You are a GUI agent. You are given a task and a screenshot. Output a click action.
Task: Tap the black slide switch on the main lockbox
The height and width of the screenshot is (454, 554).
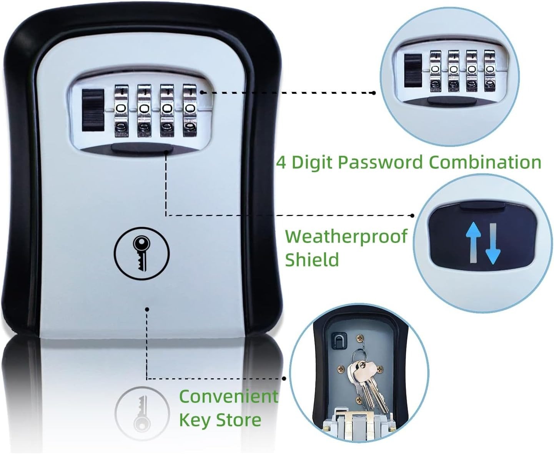tap(93, 110)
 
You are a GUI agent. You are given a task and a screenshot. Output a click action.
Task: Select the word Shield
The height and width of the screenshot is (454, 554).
tap(312, 259)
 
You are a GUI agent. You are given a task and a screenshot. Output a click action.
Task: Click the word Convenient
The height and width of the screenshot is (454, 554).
tap(228, 396)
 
